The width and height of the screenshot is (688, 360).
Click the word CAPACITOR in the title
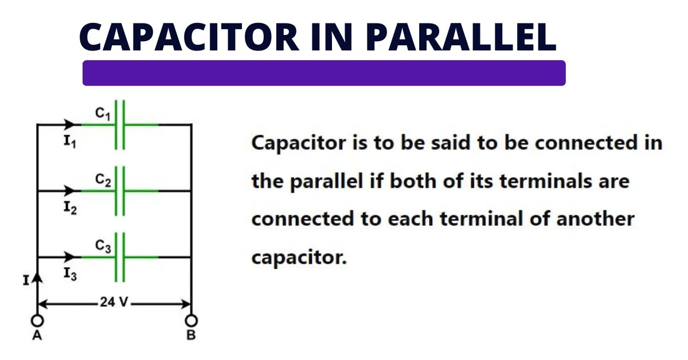point(189,37)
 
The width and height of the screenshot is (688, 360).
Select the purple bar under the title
point(324,73)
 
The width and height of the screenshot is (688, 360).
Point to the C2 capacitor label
point(103,181)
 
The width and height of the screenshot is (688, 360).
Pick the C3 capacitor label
point(103,246)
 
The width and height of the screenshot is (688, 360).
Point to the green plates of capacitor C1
point(119,124)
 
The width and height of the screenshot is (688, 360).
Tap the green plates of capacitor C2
point(119,190)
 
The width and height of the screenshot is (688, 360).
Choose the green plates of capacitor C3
point(119,256)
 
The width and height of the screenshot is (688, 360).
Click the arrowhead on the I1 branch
point(71,124)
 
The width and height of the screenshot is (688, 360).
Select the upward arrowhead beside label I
point(37,279)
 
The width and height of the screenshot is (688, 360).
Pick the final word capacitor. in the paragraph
point(299,257)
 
